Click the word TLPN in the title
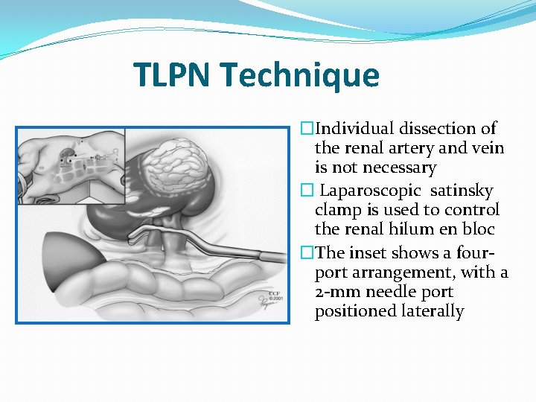pos(173,75)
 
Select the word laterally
pos(427,312)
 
